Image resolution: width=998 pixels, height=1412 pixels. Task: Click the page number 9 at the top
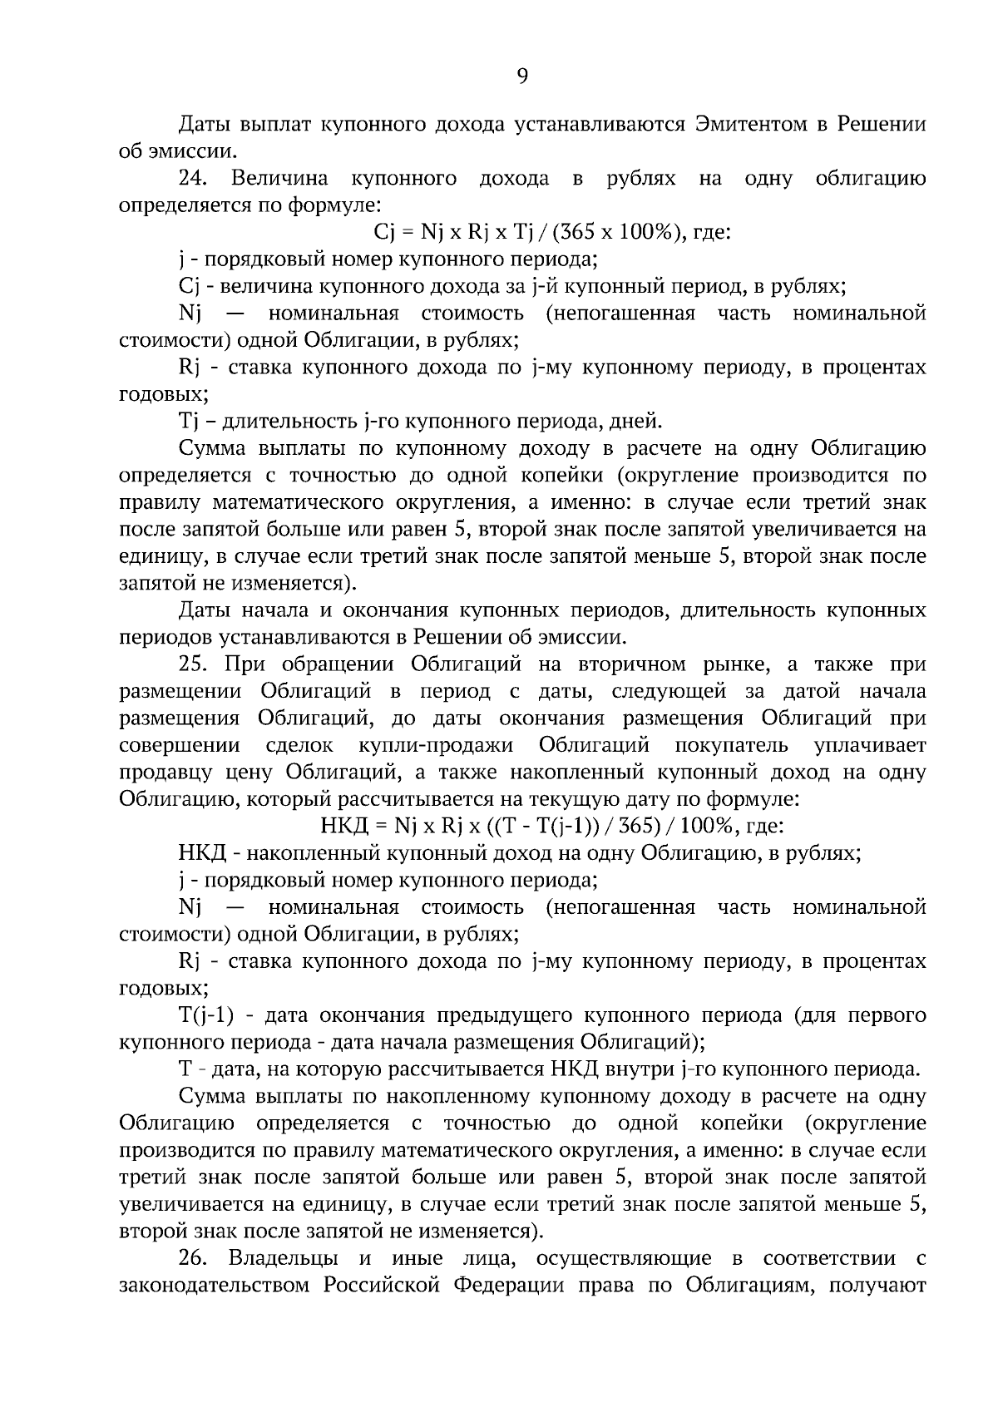click(x=522, y=77)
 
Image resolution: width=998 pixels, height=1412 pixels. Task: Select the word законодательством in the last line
click(x=216, y=1286)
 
